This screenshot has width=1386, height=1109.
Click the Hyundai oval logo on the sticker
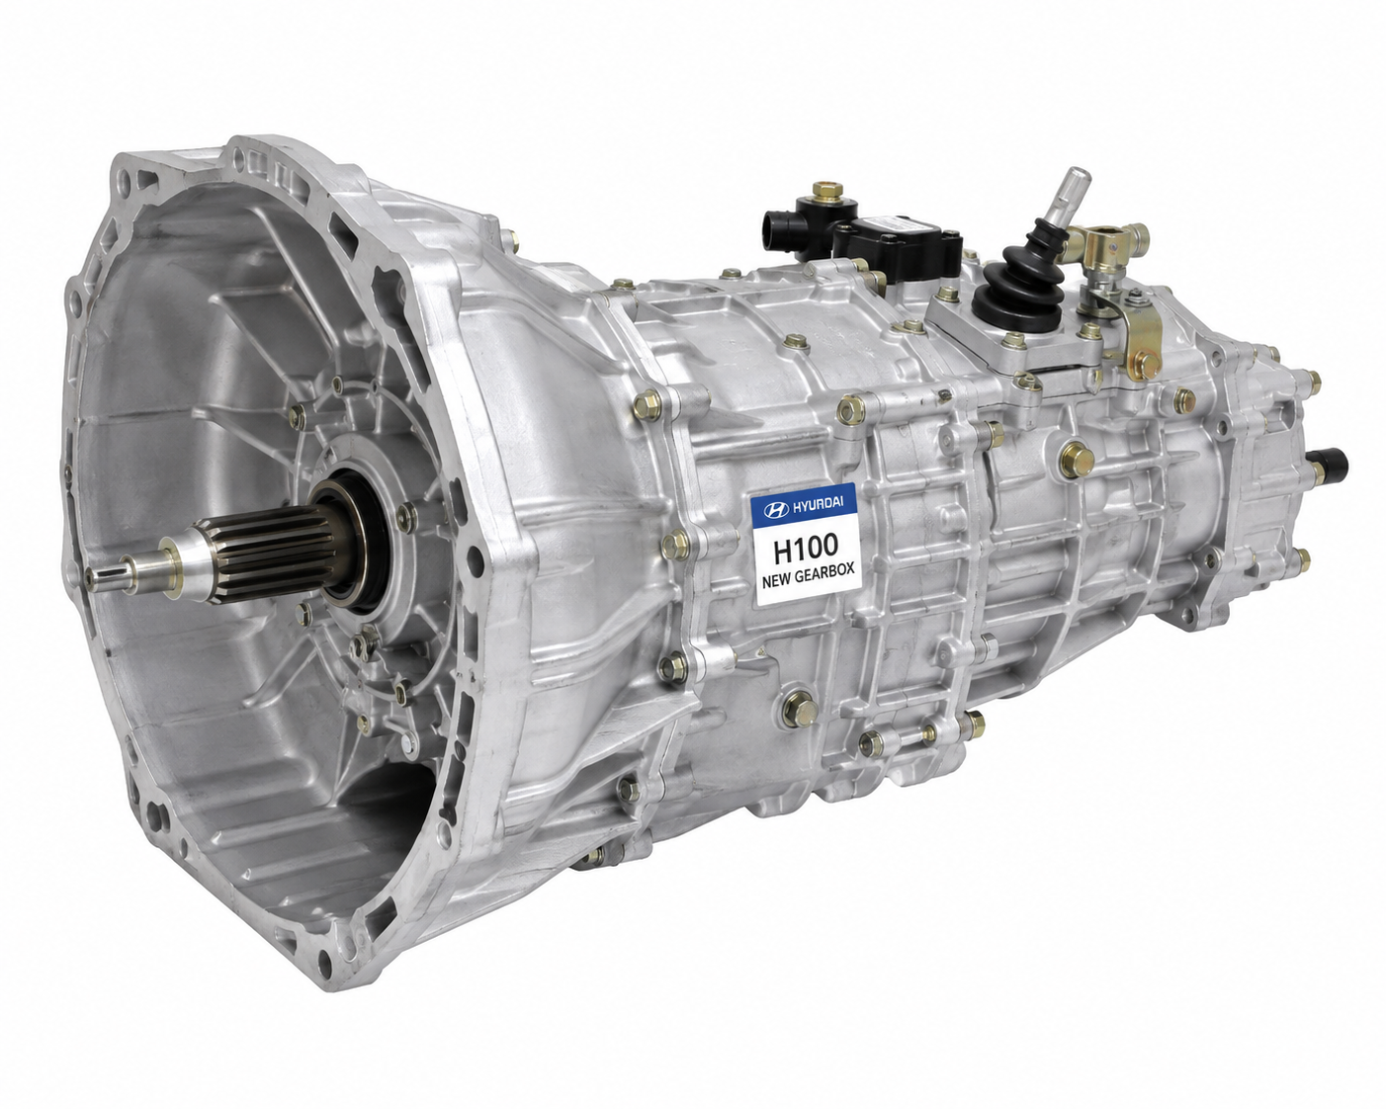(776, 510)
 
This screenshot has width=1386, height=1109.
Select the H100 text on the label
(806, 548)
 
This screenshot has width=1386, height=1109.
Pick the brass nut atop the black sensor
(827, 192)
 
